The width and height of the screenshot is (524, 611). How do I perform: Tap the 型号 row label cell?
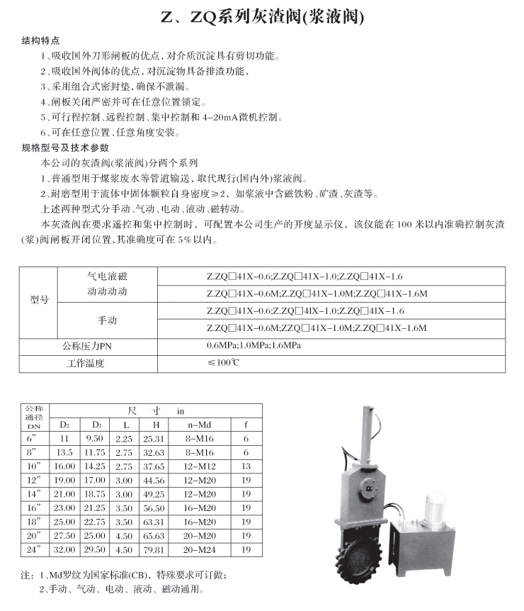coord(38,300)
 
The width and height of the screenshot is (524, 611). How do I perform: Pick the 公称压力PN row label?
coord(87,346)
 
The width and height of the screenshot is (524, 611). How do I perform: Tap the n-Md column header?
coord(200,425)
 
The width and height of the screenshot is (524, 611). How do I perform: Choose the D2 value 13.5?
coord(64,452)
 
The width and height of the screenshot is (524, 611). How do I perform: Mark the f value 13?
coord(246,466)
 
